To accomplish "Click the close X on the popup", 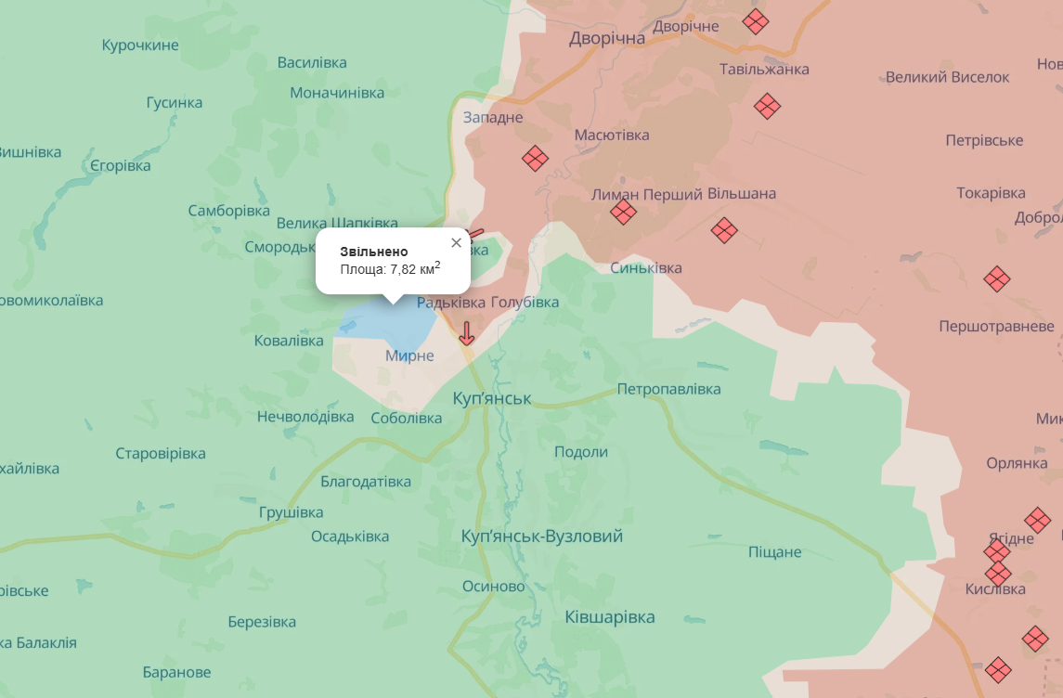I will click(x=456, y=243).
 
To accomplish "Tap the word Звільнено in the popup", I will click(x=374, y=252).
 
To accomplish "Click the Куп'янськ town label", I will click(x=492, y=398).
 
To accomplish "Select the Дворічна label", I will click(x=607, y=38).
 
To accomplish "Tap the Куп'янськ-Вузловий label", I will click(x=542, y=536).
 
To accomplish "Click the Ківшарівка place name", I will click(x=610, y=617).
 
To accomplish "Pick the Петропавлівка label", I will click(x=668, y=389).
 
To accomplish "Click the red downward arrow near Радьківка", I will click(x=467, y=333).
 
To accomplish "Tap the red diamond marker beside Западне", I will click(x=535, y=159).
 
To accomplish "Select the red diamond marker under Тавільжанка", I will click(x=767, y=106).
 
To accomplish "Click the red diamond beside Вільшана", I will click(x=724, y=230).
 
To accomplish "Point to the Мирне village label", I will click(x=409, y=355).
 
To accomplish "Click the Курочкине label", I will click(x=140, y=45).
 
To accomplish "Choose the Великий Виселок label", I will click(x=947, y=77).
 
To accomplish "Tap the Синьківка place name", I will click(x=646, y=268).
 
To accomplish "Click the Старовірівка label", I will click(x=161, y=454).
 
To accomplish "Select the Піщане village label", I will click(x=774, y=552).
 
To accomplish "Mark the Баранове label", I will click(x=176, y=672).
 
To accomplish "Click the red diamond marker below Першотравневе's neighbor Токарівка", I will click(x=997, y=278).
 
